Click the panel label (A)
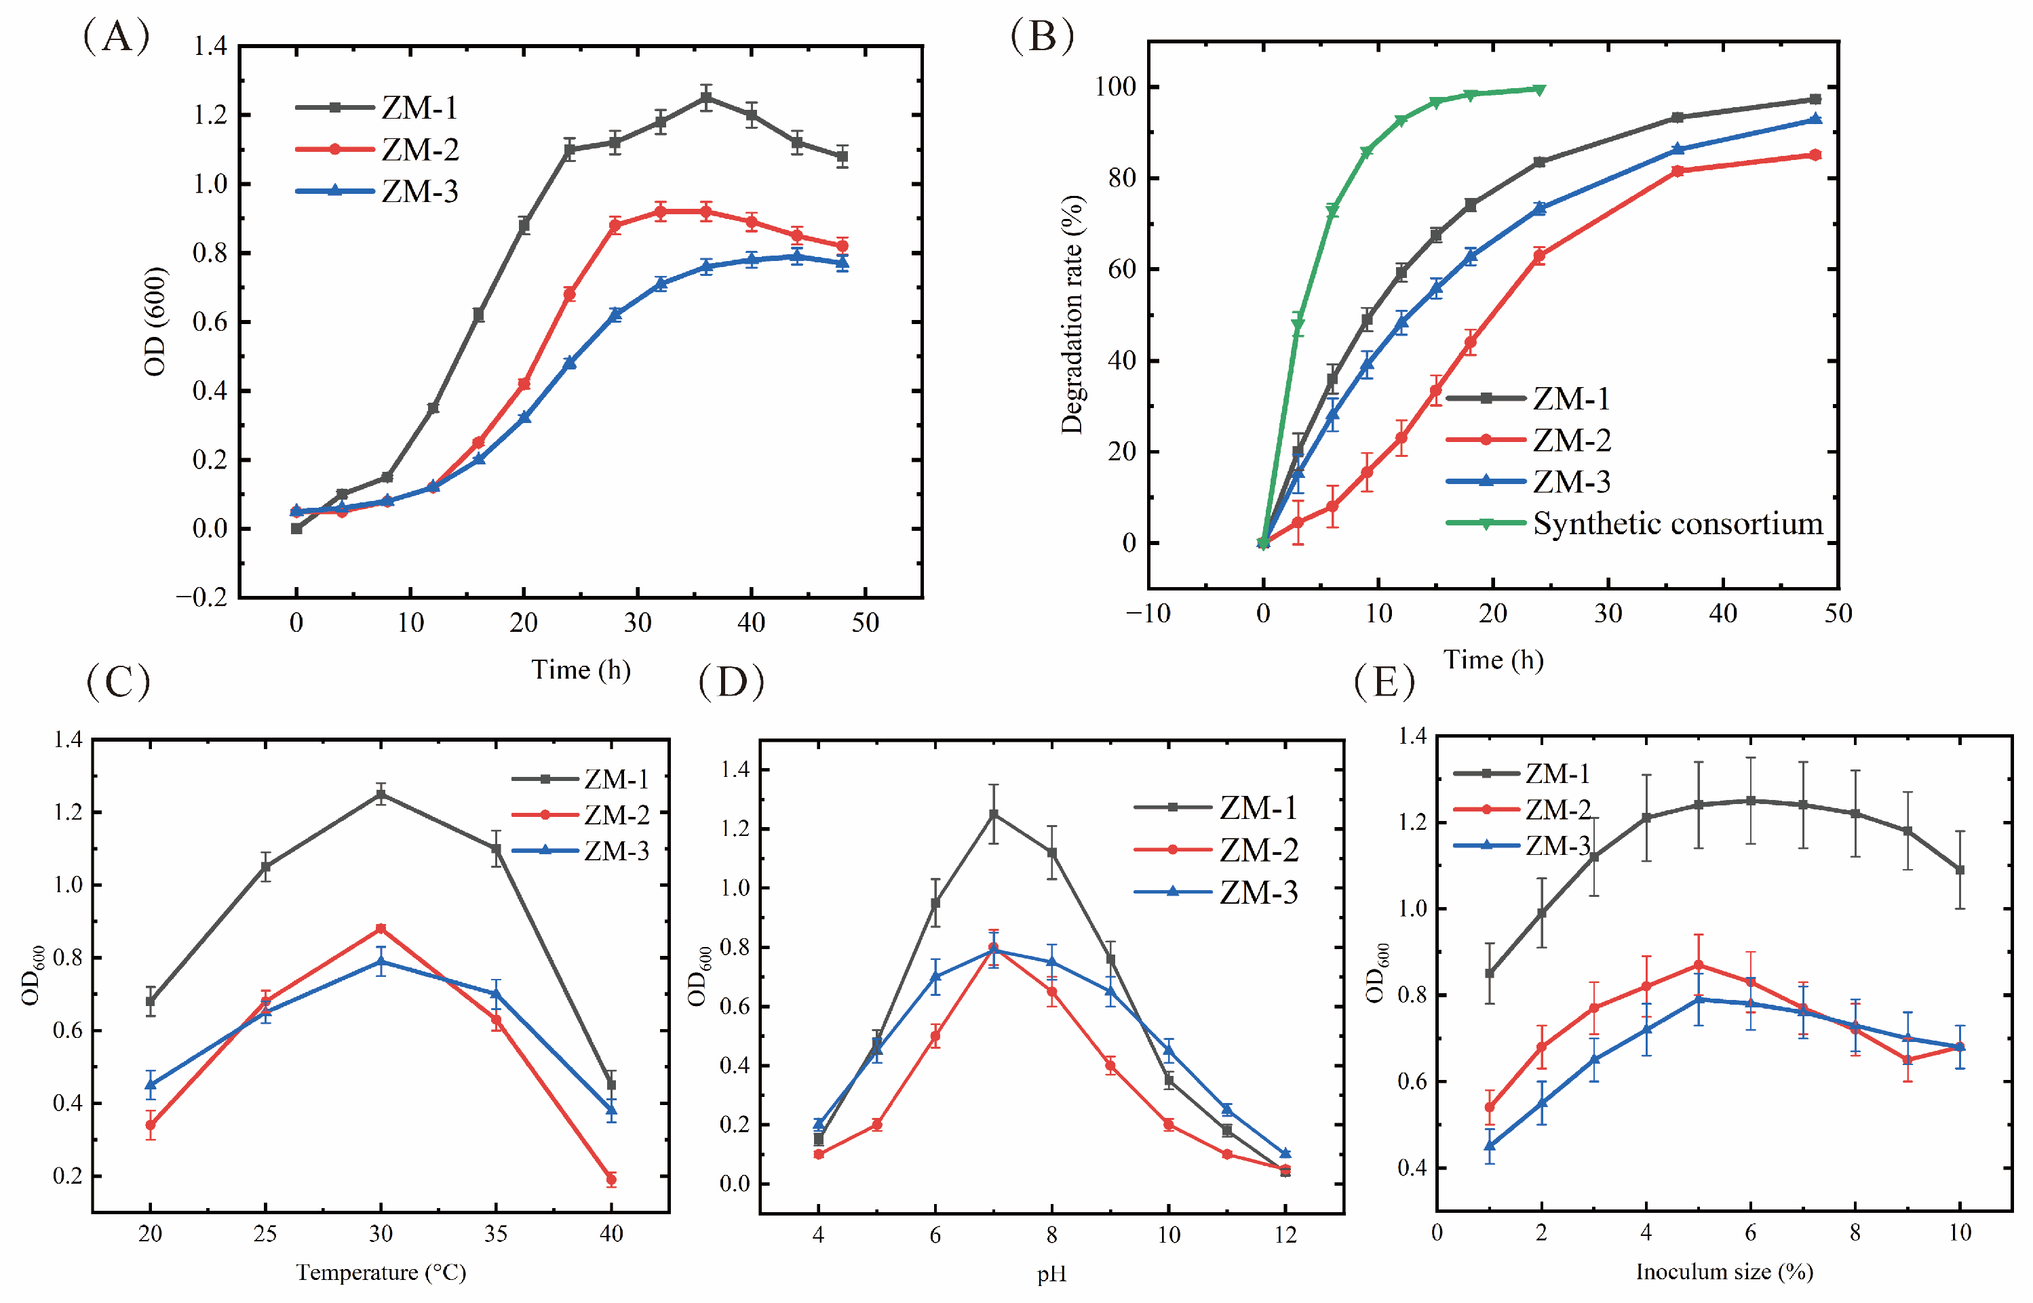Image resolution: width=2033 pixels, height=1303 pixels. coord(117,37)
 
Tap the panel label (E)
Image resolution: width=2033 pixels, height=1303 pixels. coord(1384,681)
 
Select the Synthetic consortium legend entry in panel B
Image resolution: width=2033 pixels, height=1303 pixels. coord(1634,524)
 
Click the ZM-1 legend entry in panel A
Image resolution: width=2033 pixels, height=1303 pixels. coord(376,108)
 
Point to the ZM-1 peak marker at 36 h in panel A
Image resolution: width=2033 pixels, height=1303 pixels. coord(706,98)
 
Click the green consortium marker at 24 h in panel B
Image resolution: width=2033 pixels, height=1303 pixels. coord(1540,89)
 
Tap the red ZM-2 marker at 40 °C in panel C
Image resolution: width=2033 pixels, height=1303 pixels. coord(611,1179)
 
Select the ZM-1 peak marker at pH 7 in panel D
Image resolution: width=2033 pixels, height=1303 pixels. coord(994,814)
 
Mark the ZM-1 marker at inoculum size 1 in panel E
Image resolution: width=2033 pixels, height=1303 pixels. coord(1490,973)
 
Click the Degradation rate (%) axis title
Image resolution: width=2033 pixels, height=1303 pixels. coord(1072,314)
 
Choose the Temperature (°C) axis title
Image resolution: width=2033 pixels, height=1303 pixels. coord(381,1272)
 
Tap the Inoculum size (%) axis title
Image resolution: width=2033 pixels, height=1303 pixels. coord(1724,1271)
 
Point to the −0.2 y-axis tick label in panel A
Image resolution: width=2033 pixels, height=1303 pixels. coord(201,597)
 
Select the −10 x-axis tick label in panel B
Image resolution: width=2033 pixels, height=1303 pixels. coord(1148,613)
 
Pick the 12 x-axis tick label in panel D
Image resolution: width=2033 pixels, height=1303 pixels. coord(1285,1235)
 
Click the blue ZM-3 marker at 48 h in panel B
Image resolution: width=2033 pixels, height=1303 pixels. coord(1815,119)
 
